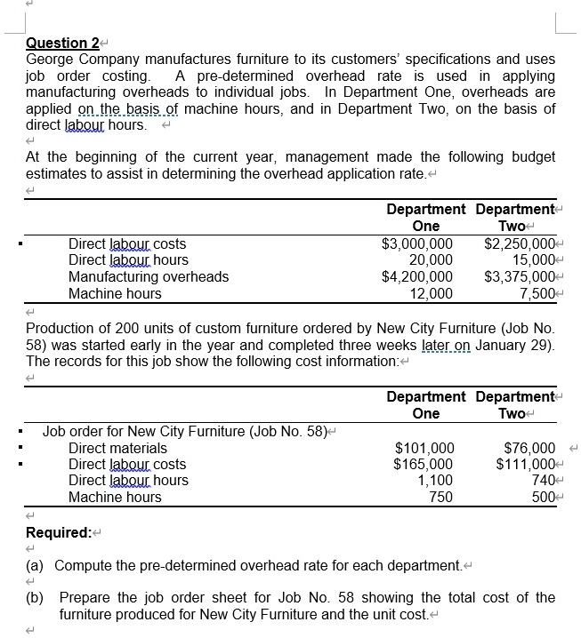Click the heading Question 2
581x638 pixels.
click(61, 43)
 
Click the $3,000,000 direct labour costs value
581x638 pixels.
click(416, 243)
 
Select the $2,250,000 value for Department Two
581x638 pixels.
click(519, 243)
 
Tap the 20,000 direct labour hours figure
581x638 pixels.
click(431, 259)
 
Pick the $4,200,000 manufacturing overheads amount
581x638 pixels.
click(416, 276)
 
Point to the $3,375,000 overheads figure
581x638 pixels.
click(519, 276)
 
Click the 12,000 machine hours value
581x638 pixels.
click(431, 293)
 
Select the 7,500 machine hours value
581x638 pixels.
click(537, 293)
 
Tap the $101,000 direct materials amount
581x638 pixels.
click(424, 448)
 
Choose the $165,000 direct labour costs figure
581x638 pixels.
click(424, 464)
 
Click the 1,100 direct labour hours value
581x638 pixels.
click(436, 481)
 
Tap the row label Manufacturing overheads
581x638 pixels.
click(149, 276)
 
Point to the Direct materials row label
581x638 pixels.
click(117, 448)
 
